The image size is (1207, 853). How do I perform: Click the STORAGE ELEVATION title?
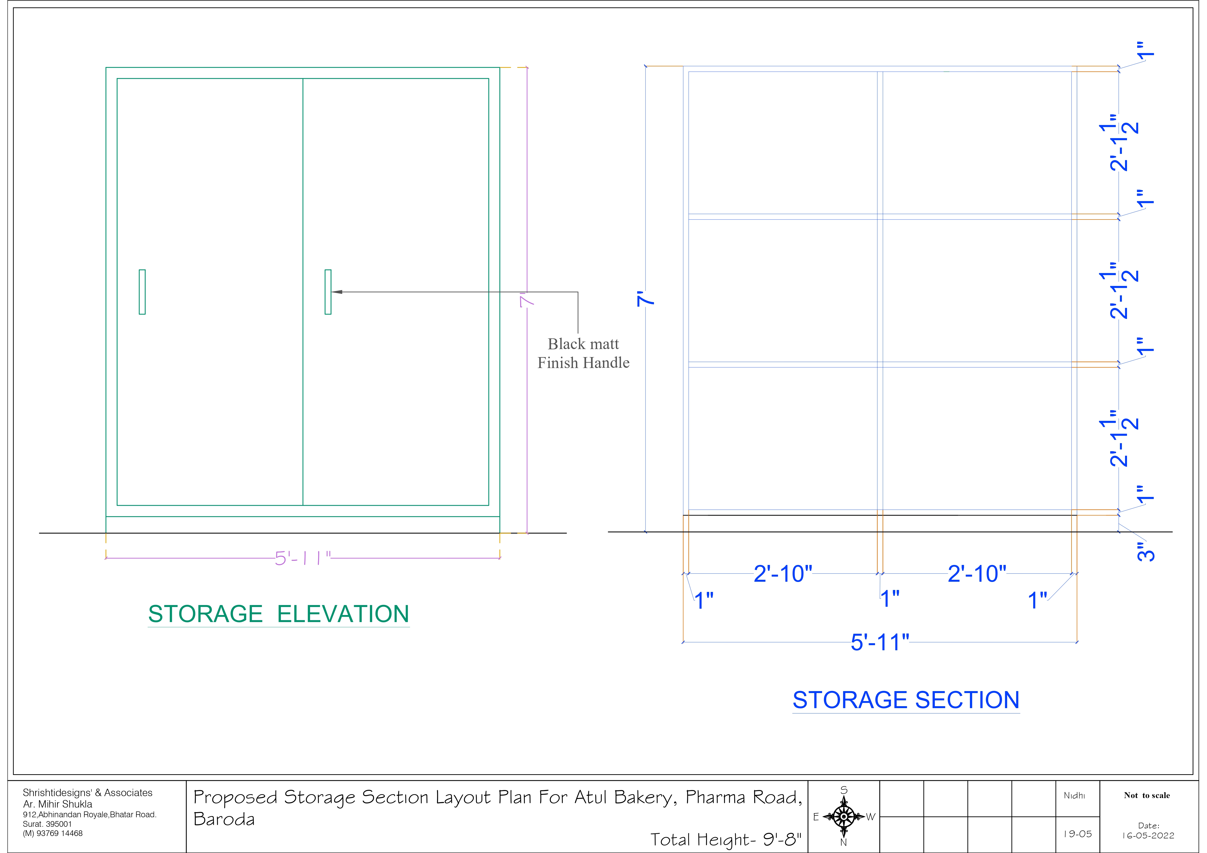[279, 614]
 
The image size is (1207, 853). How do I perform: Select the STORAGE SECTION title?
[906, 700]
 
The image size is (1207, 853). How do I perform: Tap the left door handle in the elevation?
[142, 292]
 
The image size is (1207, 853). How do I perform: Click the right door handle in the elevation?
[328, 292]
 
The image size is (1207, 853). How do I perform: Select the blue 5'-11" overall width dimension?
[879, 642]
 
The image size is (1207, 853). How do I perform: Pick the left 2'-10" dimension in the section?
[783, 574]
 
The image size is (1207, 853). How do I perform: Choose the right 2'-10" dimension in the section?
[977, 574]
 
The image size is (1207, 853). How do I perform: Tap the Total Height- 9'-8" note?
[725, 839]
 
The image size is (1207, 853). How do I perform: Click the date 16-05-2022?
[1148, 836]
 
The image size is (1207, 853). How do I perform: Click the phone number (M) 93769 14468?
[53, 834]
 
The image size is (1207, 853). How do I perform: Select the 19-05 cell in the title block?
[1077, 834]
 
